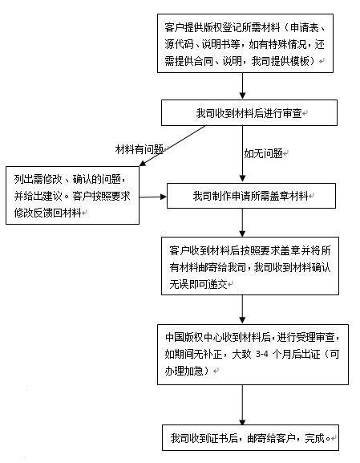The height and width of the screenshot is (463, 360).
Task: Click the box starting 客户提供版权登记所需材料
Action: pos(245,43)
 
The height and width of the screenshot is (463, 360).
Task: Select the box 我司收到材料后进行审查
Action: pos(249,113)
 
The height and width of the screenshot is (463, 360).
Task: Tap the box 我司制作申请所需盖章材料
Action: pos(251,196)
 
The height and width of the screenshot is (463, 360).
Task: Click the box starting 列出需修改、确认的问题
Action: pos(72,196)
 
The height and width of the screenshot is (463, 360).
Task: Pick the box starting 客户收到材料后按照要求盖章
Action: pos(250,266)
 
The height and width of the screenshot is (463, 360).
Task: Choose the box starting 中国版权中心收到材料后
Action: pos(253,355)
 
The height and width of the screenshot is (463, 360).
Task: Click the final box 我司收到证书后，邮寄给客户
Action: pos(250,437)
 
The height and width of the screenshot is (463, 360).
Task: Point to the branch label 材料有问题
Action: pos(140,149)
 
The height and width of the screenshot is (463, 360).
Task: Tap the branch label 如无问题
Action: pos(263,153)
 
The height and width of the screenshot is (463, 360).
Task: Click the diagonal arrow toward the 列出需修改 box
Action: pos(173,145)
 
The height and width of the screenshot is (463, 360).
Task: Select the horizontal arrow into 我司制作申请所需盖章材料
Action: pos(153,197)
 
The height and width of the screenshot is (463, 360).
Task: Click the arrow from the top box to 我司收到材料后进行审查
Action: pos(243,86)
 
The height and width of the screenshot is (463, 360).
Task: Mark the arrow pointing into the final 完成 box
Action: pos(243,405)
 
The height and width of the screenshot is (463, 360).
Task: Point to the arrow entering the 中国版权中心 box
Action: pos(243,310)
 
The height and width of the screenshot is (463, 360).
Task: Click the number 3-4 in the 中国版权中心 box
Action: pos(262,354)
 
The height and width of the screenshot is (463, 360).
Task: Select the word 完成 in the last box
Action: pos(314,438)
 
